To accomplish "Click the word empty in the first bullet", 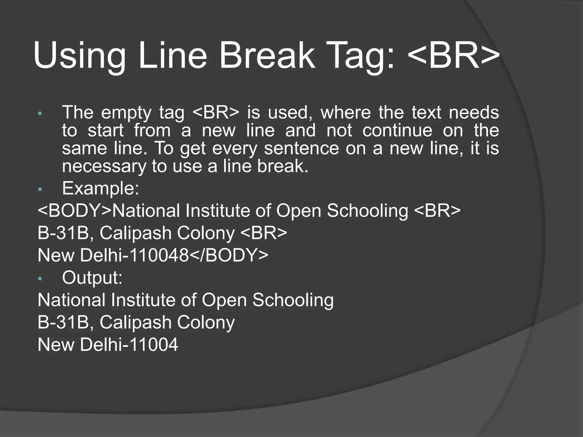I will click(x=126, y=113).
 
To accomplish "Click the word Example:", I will click(x=100, y=188).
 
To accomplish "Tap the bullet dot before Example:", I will click(x=40, y=189).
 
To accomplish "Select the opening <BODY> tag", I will click(x=75, y=211).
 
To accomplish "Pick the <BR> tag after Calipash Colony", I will click(x=264, y=233).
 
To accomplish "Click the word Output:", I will click(x=92, y=278).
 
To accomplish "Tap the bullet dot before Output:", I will click(x=40, y=279).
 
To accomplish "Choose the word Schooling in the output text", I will click(x=293, y=300).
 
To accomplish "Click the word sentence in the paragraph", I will click(x=301, y=149).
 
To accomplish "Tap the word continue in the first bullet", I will click(x=397, y=131).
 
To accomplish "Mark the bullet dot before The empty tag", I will click(x=40, y=114).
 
